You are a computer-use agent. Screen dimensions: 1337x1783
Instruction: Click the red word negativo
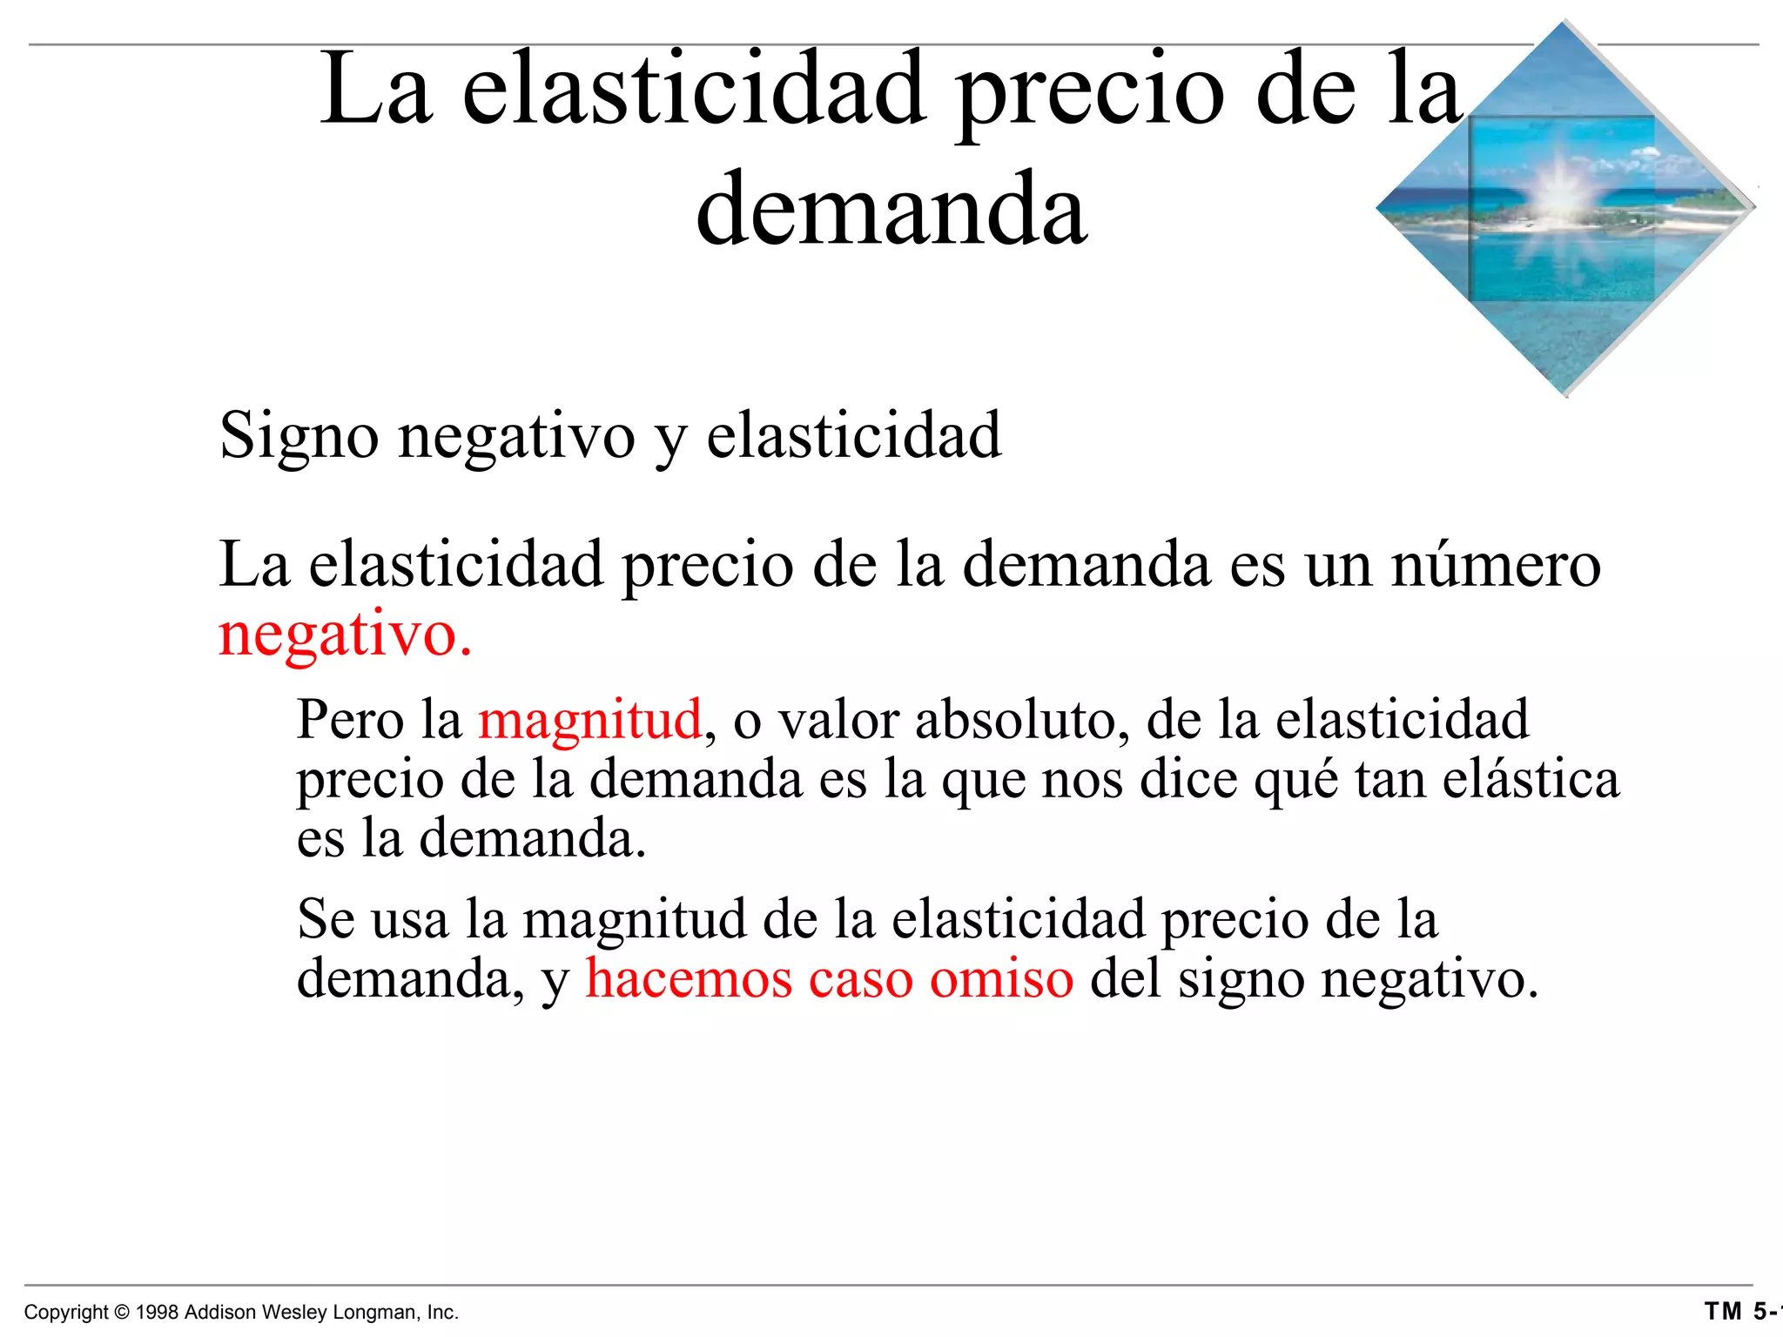coord(345,635)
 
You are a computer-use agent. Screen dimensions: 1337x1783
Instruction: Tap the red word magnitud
coord(589,720)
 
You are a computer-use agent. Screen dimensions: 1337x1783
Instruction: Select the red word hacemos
coord(688,978)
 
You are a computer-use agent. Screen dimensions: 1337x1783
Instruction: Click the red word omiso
coord(1001,978)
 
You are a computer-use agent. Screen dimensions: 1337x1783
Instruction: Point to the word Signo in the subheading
coord(299,435)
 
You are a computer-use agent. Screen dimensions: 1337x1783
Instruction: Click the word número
coord(1496,565)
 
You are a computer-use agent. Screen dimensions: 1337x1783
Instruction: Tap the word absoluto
coord(1022,720)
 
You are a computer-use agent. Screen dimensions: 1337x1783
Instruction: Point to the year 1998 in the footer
coord(158,1313)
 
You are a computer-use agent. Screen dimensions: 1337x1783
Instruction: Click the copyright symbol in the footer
coord(122,1313)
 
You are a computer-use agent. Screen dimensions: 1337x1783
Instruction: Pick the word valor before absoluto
coord(837,720)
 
